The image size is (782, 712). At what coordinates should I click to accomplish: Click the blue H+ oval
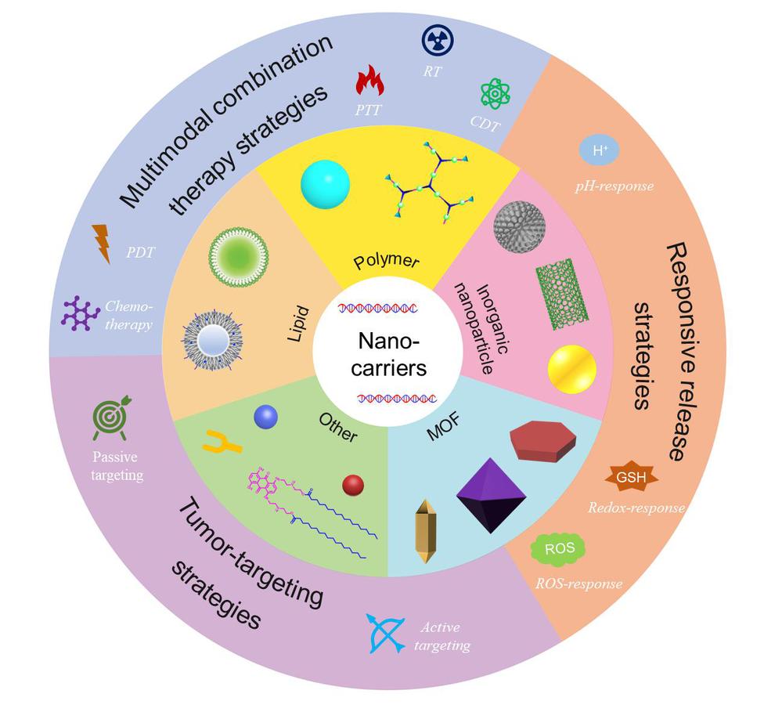pyautogui.click(x=600, y=151)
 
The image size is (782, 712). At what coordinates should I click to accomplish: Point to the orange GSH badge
pyautogui.click(x=632, y=477)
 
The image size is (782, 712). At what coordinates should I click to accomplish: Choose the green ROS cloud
pyautogui.click(x=559, y=548)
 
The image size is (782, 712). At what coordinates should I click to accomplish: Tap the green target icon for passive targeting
pyautogui.click(x=110, y=419)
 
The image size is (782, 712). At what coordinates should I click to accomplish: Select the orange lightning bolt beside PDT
pyautogui.click(x=102, y=244)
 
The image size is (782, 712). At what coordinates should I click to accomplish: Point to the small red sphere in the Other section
pyautogui.click(x=353, y=486)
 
